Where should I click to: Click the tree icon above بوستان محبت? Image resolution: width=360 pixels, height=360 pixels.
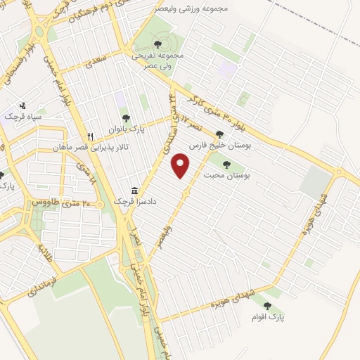coord(226,164)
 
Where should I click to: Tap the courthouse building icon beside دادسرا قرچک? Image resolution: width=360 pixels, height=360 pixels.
coord(134,191)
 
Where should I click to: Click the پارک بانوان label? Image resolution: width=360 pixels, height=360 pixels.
coord(126,129)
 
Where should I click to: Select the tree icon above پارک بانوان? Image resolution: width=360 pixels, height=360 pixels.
coord(126,119)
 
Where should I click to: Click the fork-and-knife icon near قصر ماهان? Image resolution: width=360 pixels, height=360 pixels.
coord(89,136)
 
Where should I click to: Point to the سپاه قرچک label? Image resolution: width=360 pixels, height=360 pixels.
coord(23,116)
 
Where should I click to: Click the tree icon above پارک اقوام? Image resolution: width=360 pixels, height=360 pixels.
coord(266,305)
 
